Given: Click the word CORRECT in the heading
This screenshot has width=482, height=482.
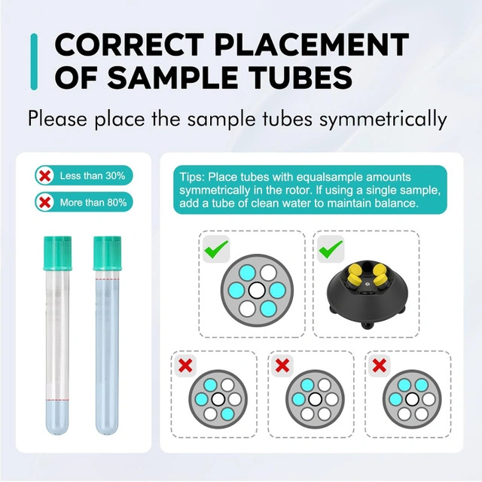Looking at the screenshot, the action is pos(130,45).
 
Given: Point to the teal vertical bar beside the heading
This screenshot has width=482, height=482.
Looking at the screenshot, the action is pos(34,62).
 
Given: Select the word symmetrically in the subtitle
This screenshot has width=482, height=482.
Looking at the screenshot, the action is pos(383,119).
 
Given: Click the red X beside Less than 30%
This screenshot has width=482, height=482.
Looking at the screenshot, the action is pos(45,175).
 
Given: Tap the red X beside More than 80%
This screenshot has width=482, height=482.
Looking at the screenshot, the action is pos(45,203).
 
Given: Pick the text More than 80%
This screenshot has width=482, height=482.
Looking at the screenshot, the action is pos(93,203).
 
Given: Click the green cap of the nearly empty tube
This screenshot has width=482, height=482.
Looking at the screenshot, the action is pos(58,253).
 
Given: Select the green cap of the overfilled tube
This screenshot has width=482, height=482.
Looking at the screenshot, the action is pos(107,253).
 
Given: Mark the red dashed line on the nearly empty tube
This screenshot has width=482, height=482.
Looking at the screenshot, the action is pos(57,400).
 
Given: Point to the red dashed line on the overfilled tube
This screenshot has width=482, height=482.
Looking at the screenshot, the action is pos(107,279).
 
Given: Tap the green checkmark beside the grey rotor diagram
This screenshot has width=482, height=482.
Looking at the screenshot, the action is pos(216,249).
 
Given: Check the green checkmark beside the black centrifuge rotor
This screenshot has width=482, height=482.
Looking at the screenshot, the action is pos(331,249).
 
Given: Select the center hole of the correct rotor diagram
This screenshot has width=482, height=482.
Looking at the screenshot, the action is pos(257,291).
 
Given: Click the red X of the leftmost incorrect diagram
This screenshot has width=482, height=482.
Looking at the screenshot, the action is pos(185,365).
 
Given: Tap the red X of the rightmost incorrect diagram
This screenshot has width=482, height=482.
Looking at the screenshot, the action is pos(379,365).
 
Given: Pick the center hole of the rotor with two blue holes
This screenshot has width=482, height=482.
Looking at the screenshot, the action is pos(315,399).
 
